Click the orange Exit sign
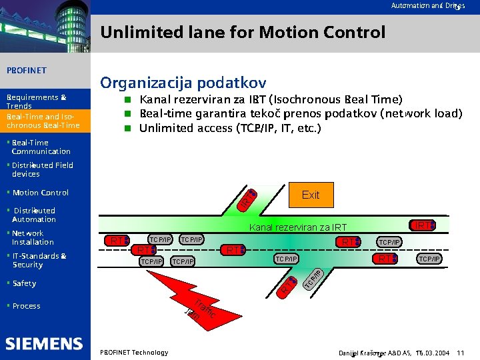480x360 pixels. click(x=311, y=195)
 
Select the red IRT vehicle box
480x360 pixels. click(x=423, y=225)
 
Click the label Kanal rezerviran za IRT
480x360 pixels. click(x=297, y=228)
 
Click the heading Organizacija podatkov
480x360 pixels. click(x=183, y=83)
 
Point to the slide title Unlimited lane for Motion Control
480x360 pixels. click(x=243, y=32)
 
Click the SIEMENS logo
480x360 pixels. click(x=44, y=344)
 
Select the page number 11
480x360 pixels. click(x=460, y=352)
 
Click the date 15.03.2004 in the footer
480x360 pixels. click(x=433, y=352)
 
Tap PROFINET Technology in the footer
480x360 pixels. click(x=133, y=352)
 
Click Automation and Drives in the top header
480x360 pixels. click(x=428, y=5)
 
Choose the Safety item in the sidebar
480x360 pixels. click(x=24, y=283)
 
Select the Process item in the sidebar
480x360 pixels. click(x=26, y=306)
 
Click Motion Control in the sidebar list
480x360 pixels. click(x=40, y=193)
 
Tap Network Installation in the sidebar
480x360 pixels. click(x=32, y=237)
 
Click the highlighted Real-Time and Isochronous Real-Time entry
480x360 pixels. click(x=43, y=121)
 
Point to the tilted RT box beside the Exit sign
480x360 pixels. click(x=248, y=198)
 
